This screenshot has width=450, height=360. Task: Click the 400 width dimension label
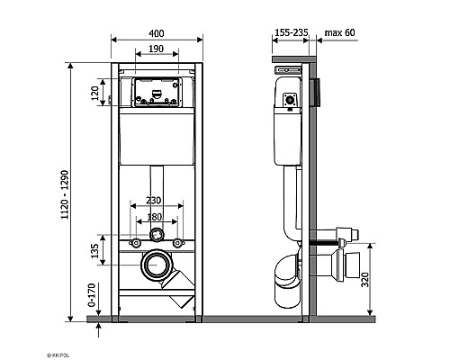157,33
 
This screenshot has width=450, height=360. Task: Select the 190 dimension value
156,49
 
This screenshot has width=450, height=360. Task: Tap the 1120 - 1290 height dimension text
65,194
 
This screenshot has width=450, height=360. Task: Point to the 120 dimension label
94,93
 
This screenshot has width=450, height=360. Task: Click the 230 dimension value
153,200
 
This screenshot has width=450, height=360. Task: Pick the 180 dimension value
154,217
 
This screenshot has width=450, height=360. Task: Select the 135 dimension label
94,251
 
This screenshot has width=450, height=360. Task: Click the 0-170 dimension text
92,295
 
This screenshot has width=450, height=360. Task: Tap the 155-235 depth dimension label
292,32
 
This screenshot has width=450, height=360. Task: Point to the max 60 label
339,32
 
